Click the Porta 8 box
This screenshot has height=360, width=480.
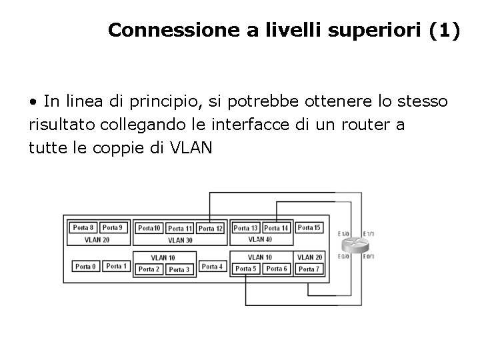click(83, 227)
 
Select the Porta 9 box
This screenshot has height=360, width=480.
click(112, 227)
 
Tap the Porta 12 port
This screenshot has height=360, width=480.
click(211, 229)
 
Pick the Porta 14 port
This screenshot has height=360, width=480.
click(276, 228)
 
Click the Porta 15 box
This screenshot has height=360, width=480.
click(309, 227)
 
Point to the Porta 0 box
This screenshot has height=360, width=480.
click(85, 267)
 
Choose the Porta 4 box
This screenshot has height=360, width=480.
click(212, 267)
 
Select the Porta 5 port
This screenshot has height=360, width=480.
click(245, 269)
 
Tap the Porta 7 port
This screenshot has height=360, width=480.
click(308, 269)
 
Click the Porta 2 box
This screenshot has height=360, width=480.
click(149, 269)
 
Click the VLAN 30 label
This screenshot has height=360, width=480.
click(180, 240)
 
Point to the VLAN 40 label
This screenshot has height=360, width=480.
click(260, 239)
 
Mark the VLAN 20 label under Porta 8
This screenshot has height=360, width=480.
click(97, 239)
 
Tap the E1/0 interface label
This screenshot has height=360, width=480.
click(343, 234)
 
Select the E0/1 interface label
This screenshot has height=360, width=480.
click(369, 257)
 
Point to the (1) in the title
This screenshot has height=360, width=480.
click(445, 31)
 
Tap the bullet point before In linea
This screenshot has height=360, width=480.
click(33, 102)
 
